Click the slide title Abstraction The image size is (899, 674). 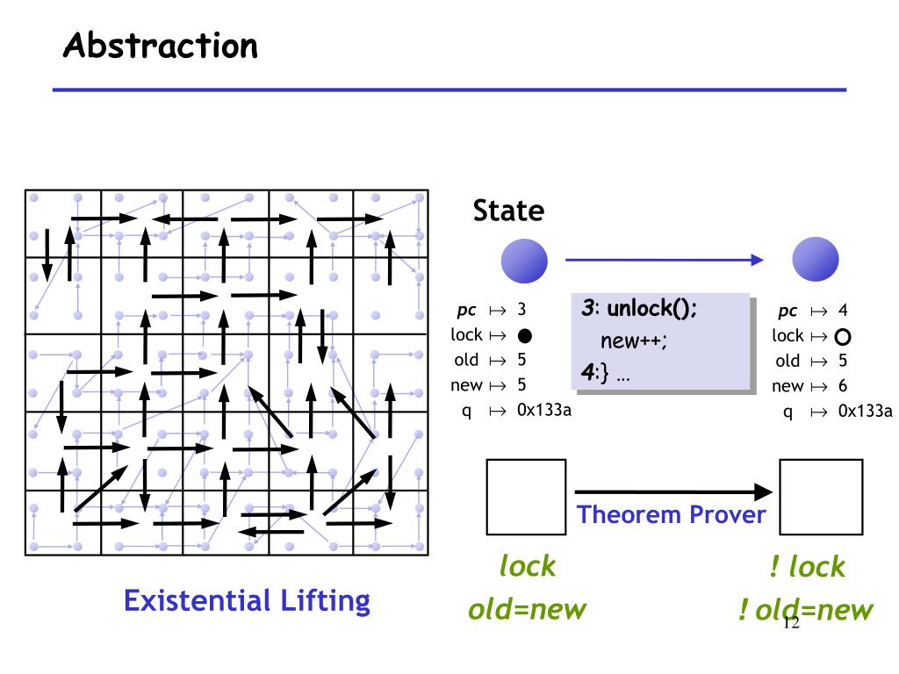[x=160, y=45]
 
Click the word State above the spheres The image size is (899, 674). [x=508, y=211]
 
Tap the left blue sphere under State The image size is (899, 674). [x=524, y=261]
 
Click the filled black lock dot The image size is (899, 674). [x=525, y=335]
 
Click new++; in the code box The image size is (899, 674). [x=634, y=342]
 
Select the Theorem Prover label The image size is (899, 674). [x=671, y=514]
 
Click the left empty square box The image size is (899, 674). [x=526, y=497]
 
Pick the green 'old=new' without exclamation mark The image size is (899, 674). [x=527, y=609]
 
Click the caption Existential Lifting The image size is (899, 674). [x=247, y=601]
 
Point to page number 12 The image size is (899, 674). [x=789, y=623]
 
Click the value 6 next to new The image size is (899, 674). [x=843, y=385]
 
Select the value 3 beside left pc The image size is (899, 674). [x=521, y=310]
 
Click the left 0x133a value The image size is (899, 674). [x=543, y=409]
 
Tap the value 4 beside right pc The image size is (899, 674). [x=843, y=311]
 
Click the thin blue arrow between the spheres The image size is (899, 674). [x=663, y=260]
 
